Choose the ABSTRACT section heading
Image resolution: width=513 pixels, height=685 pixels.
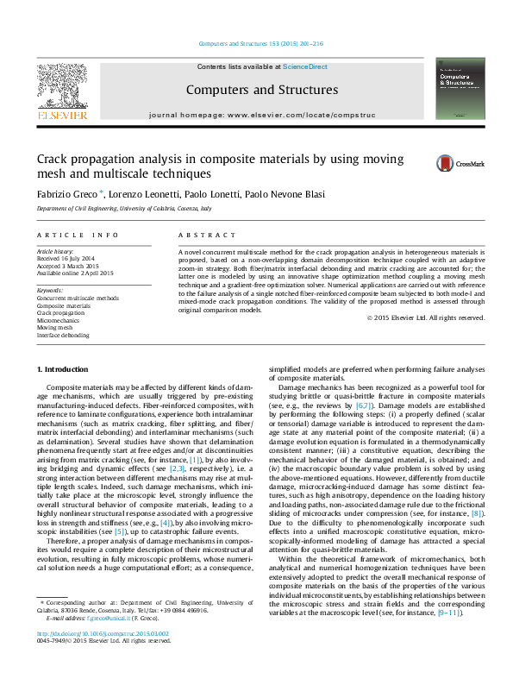point(206,234)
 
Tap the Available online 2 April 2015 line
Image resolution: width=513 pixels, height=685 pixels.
point(76,273)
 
